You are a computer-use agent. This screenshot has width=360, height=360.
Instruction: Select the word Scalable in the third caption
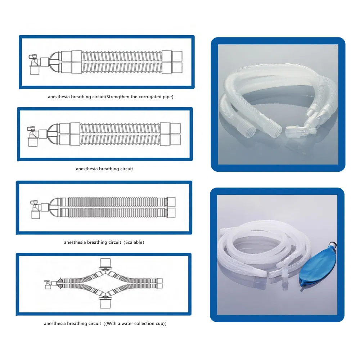pyautogui.click(x=134, y=242)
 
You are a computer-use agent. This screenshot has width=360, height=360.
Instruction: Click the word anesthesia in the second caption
pyautogui.click(x=87, y=169)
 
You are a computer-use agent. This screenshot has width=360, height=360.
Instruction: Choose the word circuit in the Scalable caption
pyautogui.click(x=115, y=242)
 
